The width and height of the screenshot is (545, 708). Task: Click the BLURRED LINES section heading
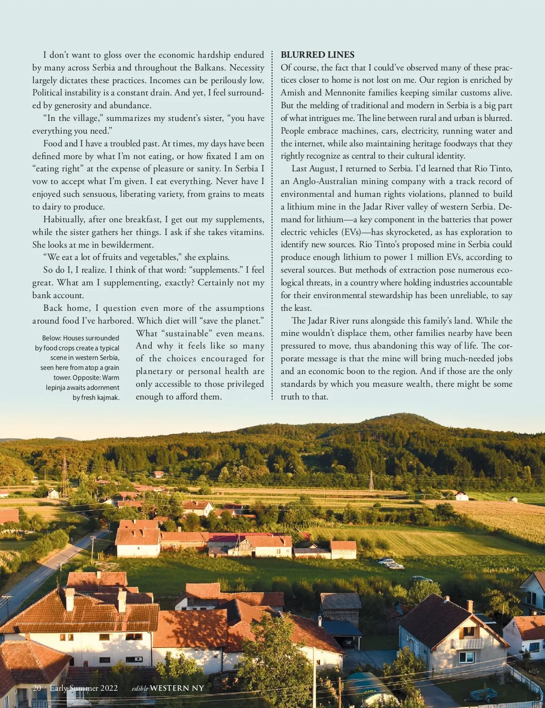click(317, 55)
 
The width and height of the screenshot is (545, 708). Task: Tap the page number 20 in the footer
click(37, 688)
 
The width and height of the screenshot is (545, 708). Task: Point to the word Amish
click(292, 93)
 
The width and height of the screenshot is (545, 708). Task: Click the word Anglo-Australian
click(325, 181)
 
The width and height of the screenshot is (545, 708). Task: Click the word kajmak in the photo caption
click(109, 398)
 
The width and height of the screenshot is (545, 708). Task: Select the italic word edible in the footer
click(139, 688)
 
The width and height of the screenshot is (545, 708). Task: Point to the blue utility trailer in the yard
click(482, 694)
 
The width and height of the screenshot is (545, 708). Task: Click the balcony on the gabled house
click(467, 643)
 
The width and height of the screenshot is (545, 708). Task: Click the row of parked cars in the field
click(391, 563)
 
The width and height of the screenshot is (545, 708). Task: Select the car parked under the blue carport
click(347, 642)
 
